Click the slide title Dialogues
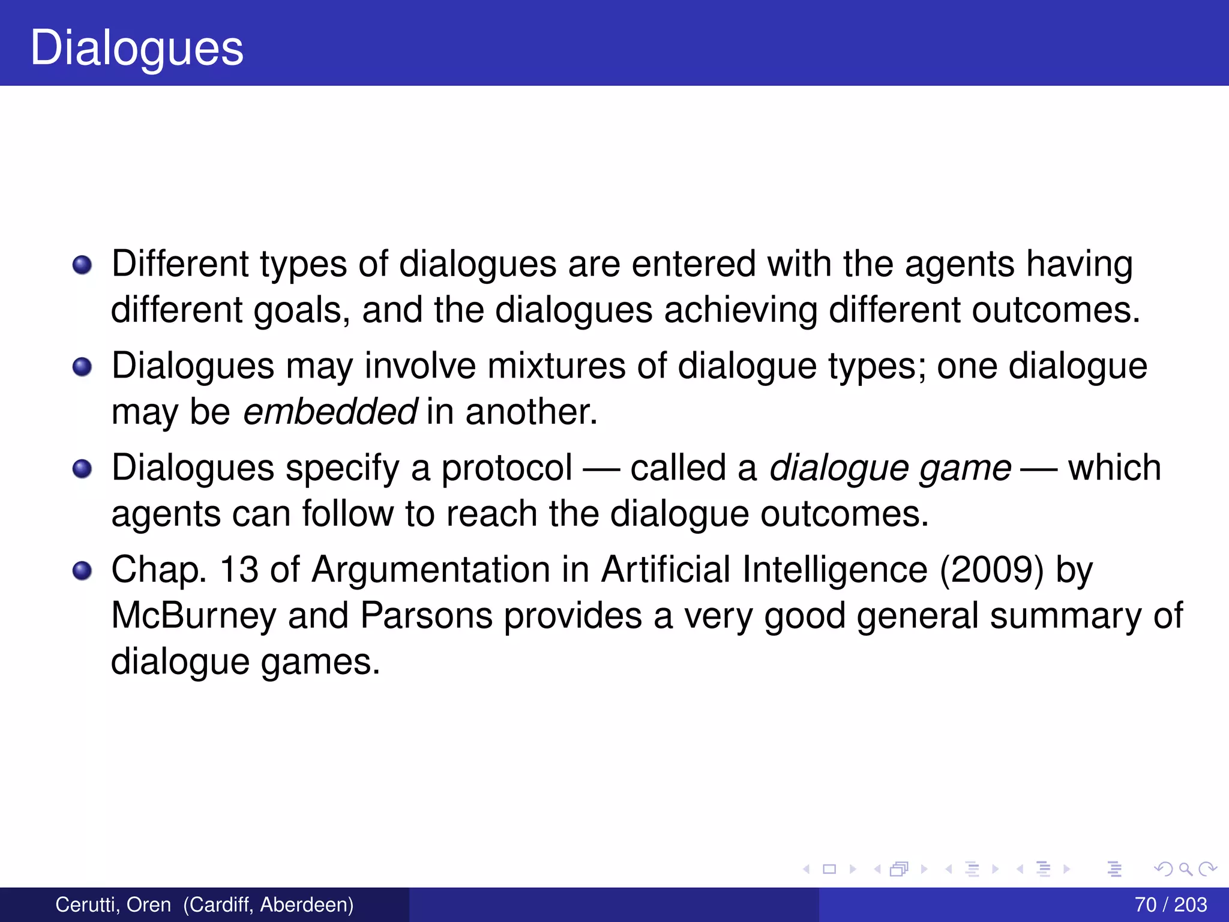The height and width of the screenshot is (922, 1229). pyautogui.click(x=137, y=48)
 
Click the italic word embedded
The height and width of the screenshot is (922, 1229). pyautogui.click(x=330, y=412)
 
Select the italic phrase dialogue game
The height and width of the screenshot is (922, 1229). pyautogui.click(x=891, y=469)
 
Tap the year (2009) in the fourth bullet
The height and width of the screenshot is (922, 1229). pyautogui.click(x=992, y=570)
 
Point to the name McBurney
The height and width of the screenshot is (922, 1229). pyautogui.click(x=193, y=616)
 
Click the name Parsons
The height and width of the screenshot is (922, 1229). pyautogui.click(x=425, y=616)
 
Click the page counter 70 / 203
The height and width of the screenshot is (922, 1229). pyautogui.click(x=1171, y=905)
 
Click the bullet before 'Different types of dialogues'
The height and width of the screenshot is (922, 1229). pyautogui.click(x=82, y=265)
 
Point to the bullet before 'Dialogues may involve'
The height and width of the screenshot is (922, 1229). pyautogui.click(x=82, y=367)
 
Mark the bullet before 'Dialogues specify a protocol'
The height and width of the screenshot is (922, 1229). pyautogui.click(x=82, y=469)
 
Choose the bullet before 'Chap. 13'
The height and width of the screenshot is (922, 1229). pyautogui.click(x=82, y=571)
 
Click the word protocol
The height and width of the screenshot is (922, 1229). pyautogui.click(x=506, y=469)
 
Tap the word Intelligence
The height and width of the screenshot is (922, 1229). pyautogui.click(x=835, y=570)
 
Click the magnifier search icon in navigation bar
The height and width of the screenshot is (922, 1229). pyautogui.click(x=1185, y=869)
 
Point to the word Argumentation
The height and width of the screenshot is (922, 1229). pyautogui.click(x=430, y=570)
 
